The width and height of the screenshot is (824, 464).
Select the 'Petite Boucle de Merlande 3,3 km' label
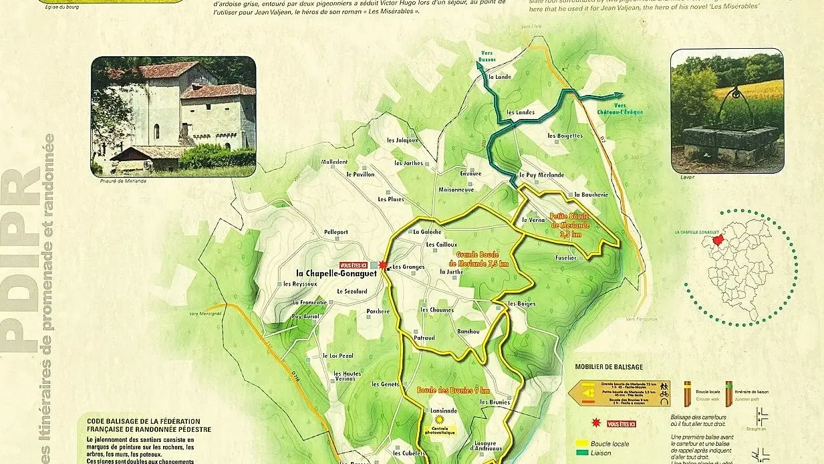570,225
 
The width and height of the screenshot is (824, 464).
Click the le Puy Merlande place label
541,175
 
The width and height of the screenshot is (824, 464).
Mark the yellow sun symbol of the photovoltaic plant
439,419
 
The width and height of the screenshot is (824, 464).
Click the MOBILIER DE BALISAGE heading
608,366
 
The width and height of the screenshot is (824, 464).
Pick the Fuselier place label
565,257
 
